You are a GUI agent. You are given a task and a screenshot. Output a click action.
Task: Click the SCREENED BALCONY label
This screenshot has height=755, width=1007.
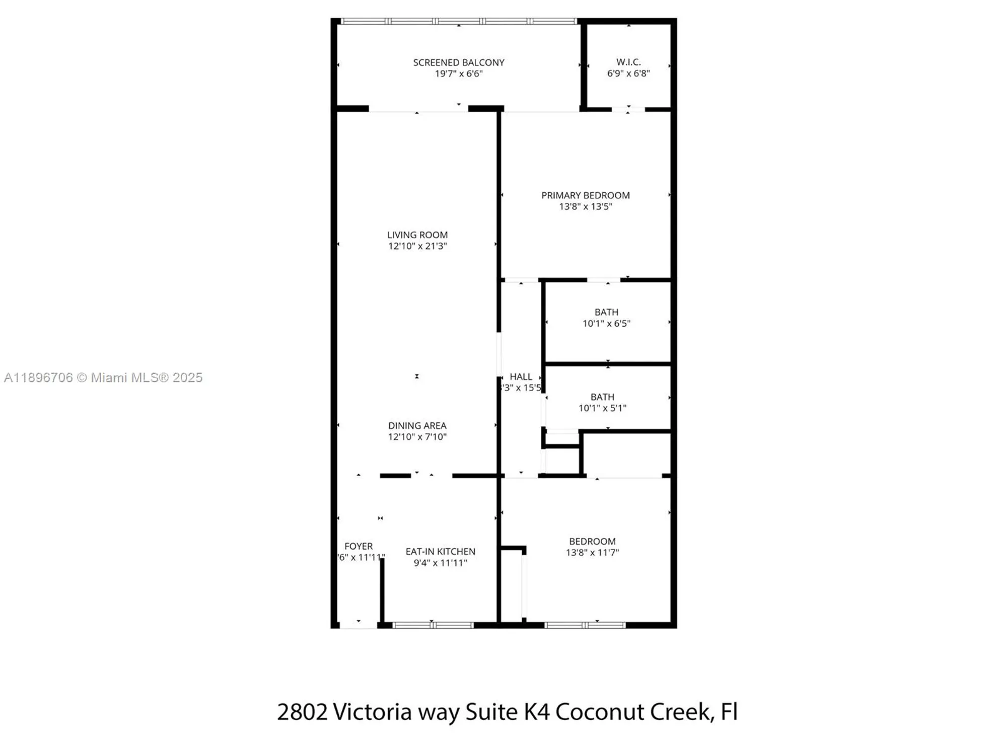(x=458, y=62)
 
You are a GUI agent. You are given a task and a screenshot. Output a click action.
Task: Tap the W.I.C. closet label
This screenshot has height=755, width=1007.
(x=628, y=62)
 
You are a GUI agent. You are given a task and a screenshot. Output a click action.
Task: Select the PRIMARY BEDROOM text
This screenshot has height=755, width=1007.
(x=585, y=195)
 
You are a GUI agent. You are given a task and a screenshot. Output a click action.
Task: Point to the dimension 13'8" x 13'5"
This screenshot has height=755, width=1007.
(x=585, y=206)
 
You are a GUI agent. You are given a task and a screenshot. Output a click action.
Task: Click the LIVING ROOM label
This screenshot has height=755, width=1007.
(x=417, y=235)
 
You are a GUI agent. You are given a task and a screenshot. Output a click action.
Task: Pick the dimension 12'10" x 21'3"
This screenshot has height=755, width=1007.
(x=417, y=246)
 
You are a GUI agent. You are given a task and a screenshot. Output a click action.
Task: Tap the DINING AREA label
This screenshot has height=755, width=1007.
(x=417, y=426)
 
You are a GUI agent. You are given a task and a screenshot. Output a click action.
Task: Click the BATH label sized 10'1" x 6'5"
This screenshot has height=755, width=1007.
(x=606, y=313)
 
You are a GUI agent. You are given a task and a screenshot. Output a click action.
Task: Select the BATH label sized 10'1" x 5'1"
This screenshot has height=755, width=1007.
(x=602, y=397)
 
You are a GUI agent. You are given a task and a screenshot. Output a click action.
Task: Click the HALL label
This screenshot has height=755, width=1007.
(x=521, y=376)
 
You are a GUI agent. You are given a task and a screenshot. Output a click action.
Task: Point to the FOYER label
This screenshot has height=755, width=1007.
(x=358, y=546)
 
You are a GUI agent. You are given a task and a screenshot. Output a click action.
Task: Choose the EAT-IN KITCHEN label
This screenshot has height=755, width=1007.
(x=440, y=552)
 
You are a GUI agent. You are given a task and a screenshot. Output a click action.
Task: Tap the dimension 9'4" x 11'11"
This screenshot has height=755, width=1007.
(x=440, y=563)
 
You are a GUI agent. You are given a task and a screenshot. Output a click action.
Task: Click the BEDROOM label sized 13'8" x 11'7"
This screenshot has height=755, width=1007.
(x=592, y=542)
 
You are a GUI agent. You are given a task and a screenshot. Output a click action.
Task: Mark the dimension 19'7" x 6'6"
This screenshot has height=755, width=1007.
(x=458, y=73)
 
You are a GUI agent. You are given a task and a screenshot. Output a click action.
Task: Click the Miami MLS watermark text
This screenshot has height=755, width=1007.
(x=103, y=377)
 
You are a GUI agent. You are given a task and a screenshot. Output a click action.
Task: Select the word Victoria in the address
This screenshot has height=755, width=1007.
(x=372, y=712)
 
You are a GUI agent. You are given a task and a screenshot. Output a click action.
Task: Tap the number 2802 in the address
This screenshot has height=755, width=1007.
(x=302, y=712)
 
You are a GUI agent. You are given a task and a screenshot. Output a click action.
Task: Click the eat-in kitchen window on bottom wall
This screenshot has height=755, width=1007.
(x=433, y=625)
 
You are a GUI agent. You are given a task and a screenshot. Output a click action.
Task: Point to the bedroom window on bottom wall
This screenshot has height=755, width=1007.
(x=585, y=625)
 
